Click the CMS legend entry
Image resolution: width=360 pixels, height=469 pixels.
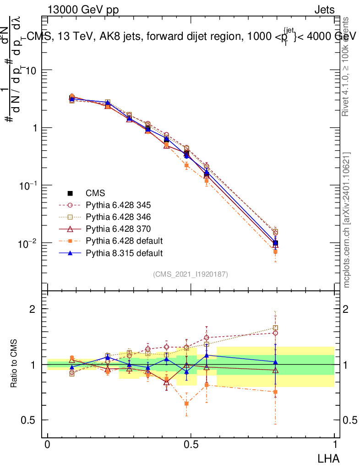[95, 193]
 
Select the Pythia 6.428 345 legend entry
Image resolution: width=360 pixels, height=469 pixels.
[112, 205]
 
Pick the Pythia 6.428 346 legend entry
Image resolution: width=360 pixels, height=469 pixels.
[112, 217]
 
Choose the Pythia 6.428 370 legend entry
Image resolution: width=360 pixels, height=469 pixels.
[112, 229]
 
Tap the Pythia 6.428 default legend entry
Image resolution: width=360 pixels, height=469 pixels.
[118, 241]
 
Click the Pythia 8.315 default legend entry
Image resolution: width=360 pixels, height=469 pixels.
[118, 253]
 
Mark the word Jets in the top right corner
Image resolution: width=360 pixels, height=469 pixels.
[324, 10]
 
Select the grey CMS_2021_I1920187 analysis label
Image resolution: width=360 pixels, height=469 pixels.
[191, 274]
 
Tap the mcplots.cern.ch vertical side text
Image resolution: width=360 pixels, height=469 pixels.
[347, 220]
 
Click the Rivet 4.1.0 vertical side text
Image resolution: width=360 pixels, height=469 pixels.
[347, 66]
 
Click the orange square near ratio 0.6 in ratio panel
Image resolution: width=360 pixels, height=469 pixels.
[186, 404]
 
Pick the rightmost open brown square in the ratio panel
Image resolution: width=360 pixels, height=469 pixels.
[275, 328]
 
